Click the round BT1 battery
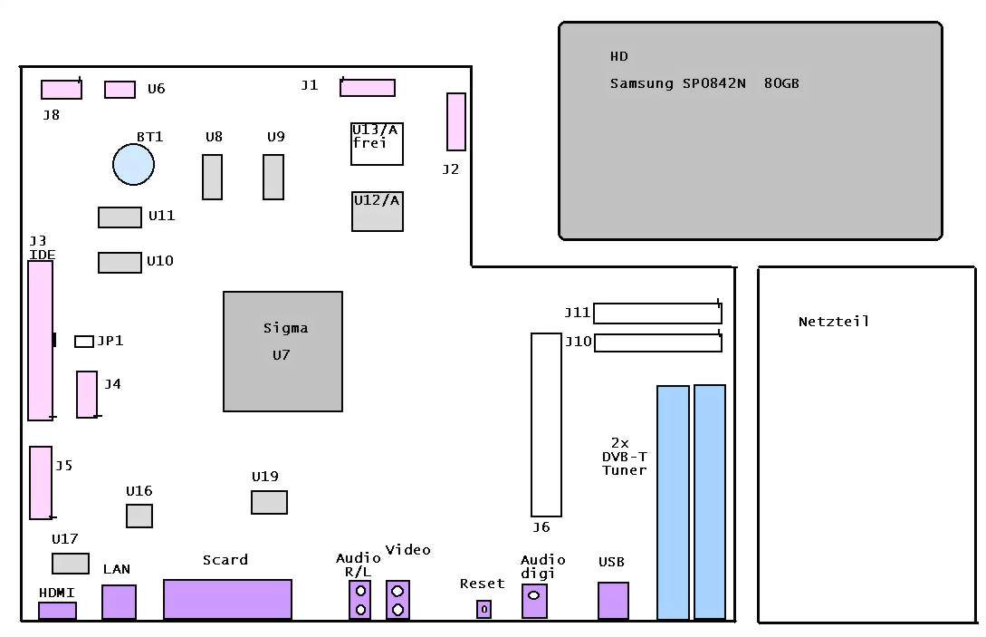tap(133, 165)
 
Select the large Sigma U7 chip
tap(282, 351)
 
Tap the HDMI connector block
tap(57, 611)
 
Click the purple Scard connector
tap(227, 599)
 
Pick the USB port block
tap(613, 601)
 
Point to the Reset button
tap(483, 609)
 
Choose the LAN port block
tap(119, 602)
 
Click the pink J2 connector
tap(455, 121)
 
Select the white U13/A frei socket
tap(377, 144)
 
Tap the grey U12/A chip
tap(377, 211)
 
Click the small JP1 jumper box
tap(84, 341)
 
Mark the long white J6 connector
tap(546, 424)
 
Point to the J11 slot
tap(657, 313)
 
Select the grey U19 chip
tap(269, 502)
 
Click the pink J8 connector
tap(61, 90)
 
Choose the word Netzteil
tap(833, 322)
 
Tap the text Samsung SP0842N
tap(677, 83)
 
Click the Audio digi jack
tap(534, 600)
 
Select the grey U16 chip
tap(139, 516)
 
